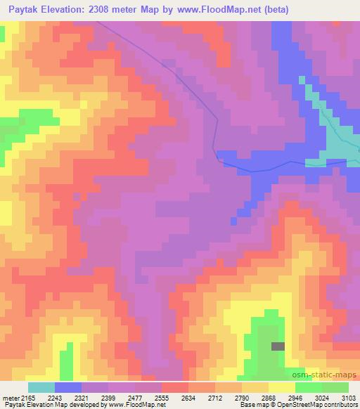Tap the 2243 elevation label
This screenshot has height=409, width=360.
(65, 397)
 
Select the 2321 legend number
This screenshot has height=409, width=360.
(93, 397)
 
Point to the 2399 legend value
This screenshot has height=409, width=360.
(120, 397)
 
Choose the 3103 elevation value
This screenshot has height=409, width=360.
(349, 397)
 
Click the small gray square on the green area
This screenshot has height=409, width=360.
(278, 346)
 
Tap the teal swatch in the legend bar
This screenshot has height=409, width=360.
(41, 387)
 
